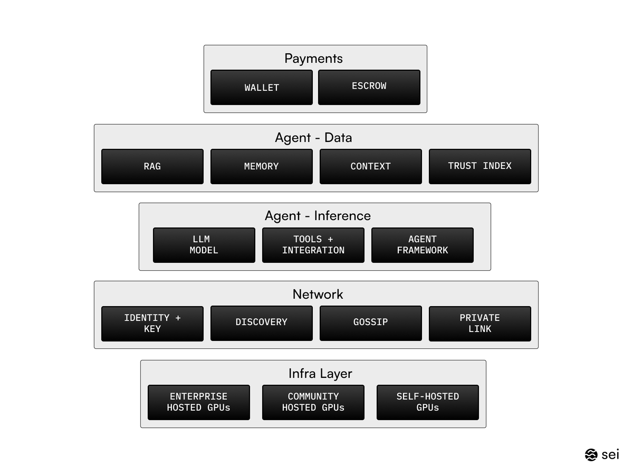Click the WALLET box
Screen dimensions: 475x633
[x=262, y=88]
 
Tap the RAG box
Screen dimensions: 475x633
[x=152, y=166]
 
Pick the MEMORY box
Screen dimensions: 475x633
[x=262, y=166]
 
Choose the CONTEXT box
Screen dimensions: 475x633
[x=371, y=166]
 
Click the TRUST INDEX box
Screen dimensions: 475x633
[x=480, y=166]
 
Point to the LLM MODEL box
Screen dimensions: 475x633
[x=204, y=245]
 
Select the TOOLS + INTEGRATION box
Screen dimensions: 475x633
[x=313, y=245]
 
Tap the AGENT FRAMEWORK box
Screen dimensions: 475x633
[x=423, y=245]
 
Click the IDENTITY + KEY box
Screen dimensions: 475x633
[x=152, y=324]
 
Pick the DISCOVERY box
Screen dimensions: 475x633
[x=262, y=323]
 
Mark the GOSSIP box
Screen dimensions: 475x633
[x=371, y=323]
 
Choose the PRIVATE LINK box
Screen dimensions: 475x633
[x=480, y=324]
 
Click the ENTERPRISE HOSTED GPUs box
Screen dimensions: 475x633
[x=199, y=402]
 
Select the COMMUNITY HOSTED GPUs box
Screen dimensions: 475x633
[x=313, y=402]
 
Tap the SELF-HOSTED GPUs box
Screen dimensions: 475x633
[x=428, y=402]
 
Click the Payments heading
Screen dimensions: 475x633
[x=313, y=58]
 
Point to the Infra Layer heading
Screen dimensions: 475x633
[x=320, y=374]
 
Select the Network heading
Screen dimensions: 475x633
[x=318, y=294]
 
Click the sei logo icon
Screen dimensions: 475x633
[x=591, y=454]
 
